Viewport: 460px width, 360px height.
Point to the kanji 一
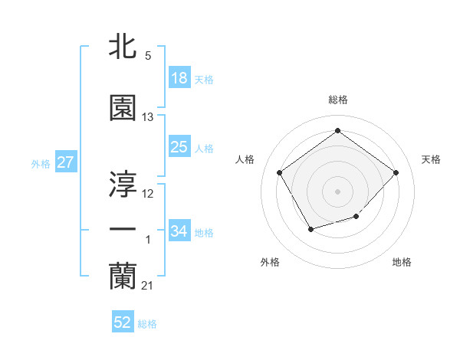[x=123, y=229]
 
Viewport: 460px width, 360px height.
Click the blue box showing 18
[x=179, y=78]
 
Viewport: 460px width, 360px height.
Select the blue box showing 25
[x=179, y=147]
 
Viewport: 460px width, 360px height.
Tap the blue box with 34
[x=179, y=231]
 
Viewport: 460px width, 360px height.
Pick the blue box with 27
[x=65, y=162]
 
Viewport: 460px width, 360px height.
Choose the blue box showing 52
[x=123, y=323]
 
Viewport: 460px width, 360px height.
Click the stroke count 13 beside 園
[x=148, y=117]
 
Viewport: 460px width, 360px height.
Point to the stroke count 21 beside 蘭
[x=148, y=286]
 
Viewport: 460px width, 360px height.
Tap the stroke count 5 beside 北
[x=148, y=56]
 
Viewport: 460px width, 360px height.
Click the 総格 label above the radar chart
[x=337, y=100]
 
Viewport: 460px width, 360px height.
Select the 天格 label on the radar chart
[x=432, y=159]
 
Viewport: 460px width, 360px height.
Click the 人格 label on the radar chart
[x=245, y=159]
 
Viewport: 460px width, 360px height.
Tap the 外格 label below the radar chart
[x=270, y=262]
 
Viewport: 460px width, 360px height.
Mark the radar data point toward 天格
[x=396, y=172]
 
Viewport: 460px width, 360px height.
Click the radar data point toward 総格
[x=337, y=131]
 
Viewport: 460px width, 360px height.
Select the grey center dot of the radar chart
[x=337, y=191]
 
